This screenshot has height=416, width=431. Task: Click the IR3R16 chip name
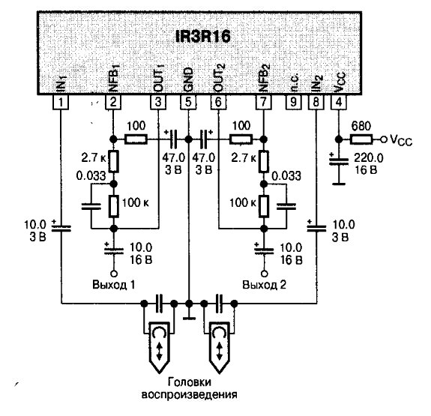[x=203, y=37]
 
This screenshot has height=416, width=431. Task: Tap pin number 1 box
[x=61, y=102]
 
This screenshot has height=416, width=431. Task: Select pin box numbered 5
[x=188, y=102]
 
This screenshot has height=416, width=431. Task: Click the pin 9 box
[x=293, y=102]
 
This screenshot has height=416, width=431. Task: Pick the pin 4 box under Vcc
[x=339, y=102]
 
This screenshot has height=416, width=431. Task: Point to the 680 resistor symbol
[x=361, y=139]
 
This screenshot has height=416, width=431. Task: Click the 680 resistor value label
[x=361, y=126]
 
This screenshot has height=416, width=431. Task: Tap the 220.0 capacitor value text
[x=368, y=158]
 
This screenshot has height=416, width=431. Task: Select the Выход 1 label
[x=114, y=284]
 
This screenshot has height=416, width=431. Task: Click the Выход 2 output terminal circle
[x=264, y=274]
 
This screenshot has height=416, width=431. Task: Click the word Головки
[x=190, y=382]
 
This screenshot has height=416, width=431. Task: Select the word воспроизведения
[x=190, y=395]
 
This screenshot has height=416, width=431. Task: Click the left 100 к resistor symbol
[x=114, y=206]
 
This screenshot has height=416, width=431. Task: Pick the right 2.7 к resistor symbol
[x=264, y=161]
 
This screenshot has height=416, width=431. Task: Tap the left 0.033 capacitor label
[x=91, y=176]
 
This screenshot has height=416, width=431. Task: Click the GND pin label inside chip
[x=189, y=79]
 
